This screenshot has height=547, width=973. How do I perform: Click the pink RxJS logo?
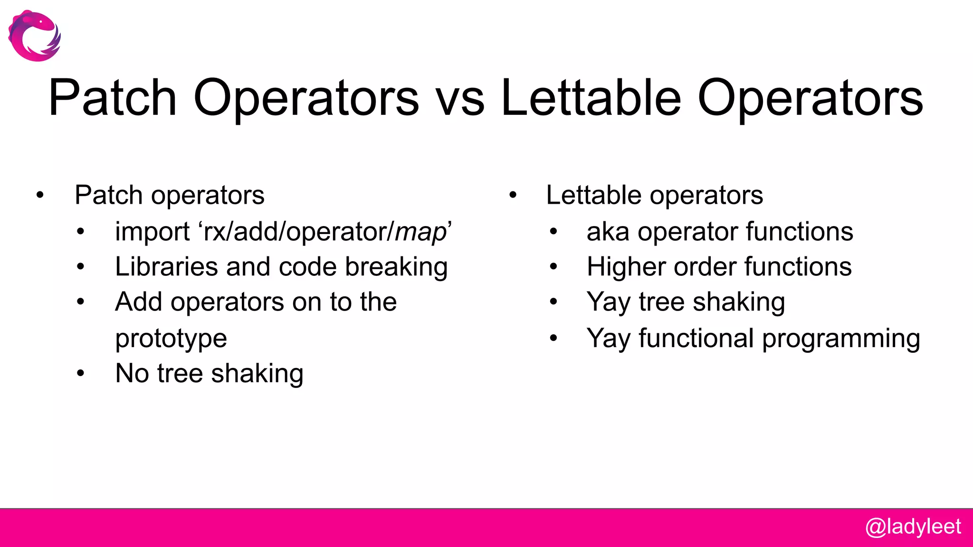coord(34,36)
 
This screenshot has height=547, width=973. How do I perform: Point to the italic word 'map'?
coord(420,233)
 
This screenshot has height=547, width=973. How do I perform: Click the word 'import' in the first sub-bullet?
coord(152,232)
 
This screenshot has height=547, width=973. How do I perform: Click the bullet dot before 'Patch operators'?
coord(40,195)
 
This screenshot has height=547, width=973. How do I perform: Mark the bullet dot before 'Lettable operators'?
coord(512,195)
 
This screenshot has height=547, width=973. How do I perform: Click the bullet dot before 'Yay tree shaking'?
coord(553,302)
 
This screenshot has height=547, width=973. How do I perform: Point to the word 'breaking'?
coord(396,267)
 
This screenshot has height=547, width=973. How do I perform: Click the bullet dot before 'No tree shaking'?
coord(80,374)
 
